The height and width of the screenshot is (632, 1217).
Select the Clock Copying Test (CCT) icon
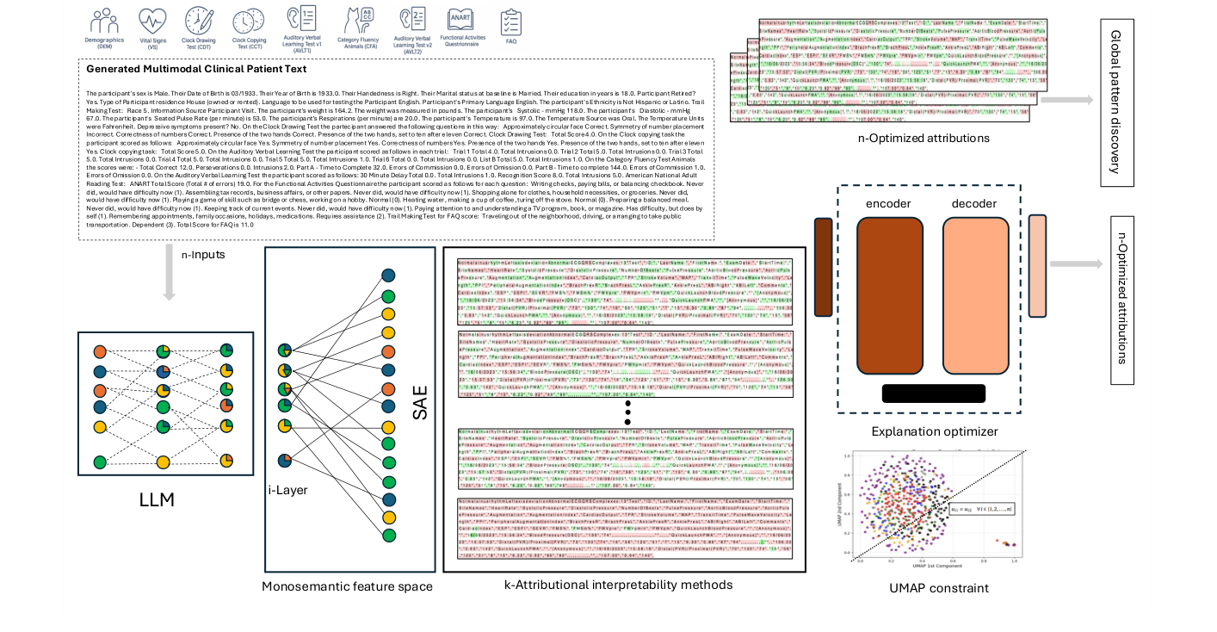tap(249, 20)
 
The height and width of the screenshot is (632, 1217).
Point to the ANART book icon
tap(460, 20)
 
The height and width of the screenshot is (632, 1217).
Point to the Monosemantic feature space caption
tap(347, 586)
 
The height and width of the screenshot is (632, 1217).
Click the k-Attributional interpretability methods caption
tap(618, 585)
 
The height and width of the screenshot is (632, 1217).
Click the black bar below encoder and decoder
tap(934, 393)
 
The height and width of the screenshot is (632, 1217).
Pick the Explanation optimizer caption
tap(935, 431)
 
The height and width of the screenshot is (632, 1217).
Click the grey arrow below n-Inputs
tap(170, 285)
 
